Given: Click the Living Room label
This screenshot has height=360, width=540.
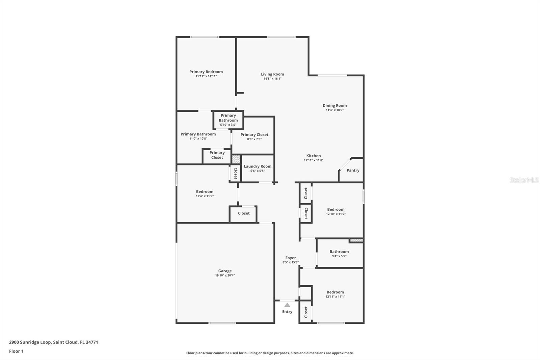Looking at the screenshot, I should (272, 74).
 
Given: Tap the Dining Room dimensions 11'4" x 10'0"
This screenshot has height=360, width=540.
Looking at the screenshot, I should (334, 110).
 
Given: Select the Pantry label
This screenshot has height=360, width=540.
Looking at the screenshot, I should (353, 171).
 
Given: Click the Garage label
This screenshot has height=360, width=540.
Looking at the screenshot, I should (225, 271).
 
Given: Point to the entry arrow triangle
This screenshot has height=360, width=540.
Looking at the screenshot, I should (287, 305).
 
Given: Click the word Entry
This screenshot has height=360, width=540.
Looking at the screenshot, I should (287, 312).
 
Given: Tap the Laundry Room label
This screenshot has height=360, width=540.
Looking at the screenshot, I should (258, 166).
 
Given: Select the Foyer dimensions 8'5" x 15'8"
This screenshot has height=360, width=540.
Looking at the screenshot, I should (291, 262).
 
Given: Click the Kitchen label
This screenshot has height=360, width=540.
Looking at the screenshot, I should (314, 156).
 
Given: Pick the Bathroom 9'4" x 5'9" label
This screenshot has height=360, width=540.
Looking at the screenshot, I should (339, 252).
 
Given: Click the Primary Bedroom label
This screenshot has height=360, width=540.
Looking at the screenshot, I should (206, 72).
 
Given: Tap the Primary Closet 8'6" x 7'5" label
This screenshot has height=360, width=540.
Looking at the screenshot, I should (254, 135).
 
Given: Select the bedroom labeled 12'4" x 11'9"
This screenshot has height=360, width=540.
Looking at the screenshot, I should (205, 192).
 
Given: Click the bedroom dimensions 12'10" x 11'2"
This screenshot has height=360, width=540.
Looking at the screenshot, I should (336, 214).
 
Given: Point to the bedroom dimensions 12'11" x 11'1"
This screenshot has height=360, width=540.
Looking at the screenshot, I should (335, 297).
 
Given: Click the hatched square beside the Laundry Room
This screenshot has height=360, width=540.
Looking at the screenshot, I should (236, 159).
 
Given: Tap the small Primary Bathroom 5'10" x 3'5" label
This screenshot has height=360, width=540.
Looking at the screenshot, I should (228, 118).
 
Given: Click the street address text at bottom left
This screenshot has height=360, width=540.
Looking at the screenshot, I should (53, 342).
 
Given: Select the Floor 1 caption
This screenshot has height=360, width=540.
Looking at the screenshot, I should (16, 351).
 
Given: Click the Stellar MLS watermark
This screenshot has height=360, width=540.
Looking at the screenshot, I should (524, 180).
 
